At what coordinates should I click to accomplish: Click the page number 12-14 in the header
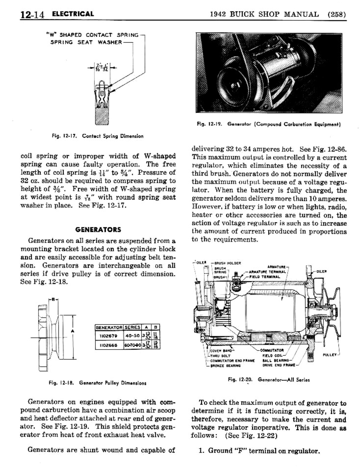(32, 15)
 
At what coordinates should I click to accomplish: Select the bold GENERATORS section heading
(98, 230)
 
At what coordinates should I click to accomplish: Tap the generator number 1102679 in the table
(109, 336)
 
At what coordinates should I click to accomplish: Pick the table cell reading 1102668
(109, 345)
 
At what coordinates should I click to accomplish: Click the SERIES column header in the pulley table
(132, 327)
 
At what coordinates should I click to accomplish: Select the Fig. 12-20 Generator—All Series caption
(269, 379)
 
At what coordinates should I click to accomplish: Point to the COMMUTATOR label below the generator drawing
(272, 350)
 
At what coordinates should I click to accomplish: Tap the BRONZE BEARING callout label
(225, 365)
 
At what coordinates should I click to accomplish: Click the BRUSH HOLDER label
(227, 263)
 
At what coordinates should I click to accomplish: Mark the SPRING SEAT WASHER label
(86, 42)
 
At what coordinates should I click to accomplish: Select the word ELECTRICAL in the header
(73, 14)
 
